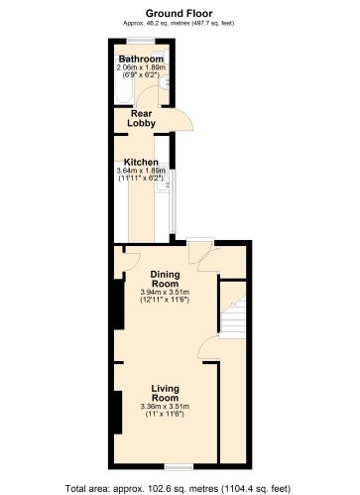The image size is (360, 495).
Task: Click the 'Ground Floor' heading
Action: click(180, 8)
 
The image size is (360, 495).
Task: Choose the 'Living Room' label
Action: click(165, 393)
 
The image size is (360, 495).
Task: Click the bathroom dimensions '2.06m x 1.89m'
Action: click(139, 67)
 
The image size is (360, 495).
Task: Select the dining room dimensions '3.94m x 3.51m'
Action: click(165, 292)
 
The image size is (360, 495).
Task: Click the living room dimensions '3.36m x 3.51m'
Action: click(165, 407)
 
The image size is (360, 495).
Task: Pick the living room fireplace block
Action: click(118, 412)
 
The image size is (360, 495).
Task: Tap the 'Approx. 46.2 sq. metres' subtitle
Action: click(180, 19)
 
